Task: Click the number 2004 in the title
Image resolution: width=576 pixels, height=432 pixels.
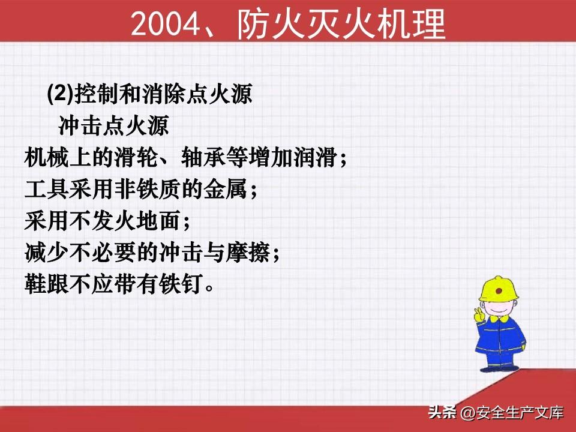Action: tap(166, 24)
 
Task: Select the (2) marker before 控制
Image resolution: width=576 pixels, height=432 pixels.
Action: tap(61, 94)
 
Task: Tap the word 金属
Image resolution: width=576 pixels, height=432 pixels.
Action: tap(226, 189)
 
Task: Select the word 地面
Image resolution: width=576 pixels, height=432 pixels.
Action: tap(158, 221)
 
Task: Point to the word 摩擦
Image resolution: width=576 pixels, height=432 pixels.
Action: tap(248, 253)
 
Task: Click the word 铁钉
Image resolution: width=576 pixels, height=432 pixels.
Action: tap(181, 284)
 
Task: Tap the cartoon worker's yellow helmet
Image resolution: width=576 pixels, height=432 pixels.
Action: tap(499, 289)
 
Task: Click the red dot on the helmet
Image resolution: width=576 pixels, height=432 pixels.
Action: tap(499, 291)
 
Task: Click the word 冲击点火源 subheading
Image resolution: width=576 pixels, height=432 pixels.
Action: tap(113, 125)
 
